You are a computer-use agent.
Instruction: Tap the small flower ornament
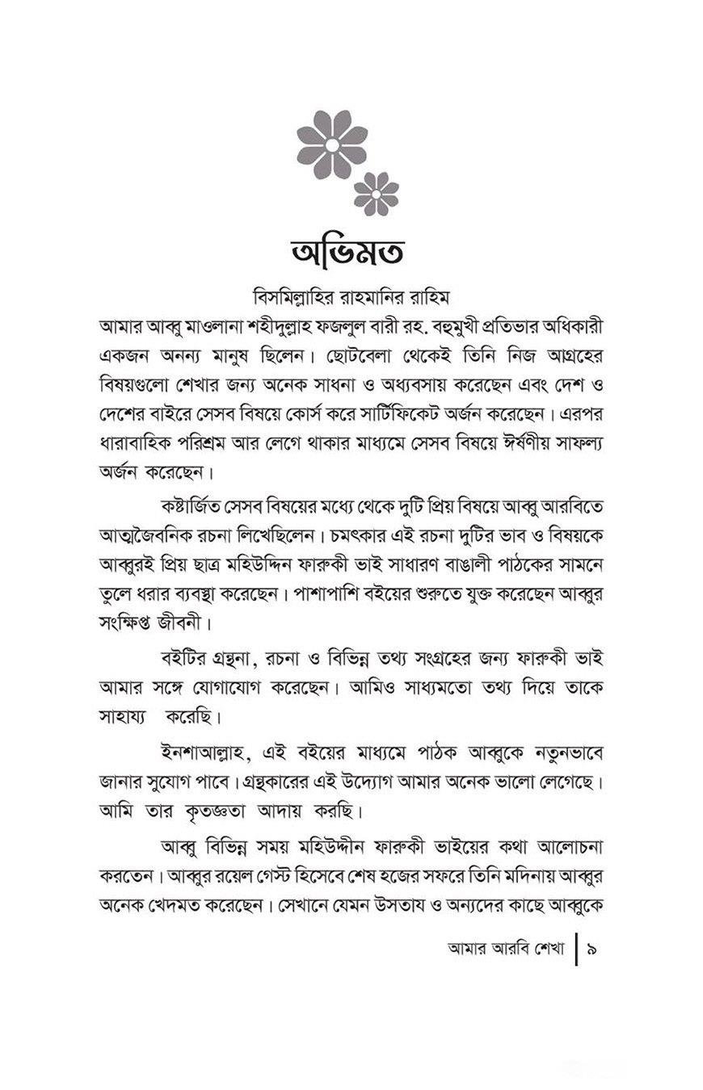tap(377, 194)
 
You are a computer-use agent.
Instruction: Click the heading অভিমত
tap(351, 251)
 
